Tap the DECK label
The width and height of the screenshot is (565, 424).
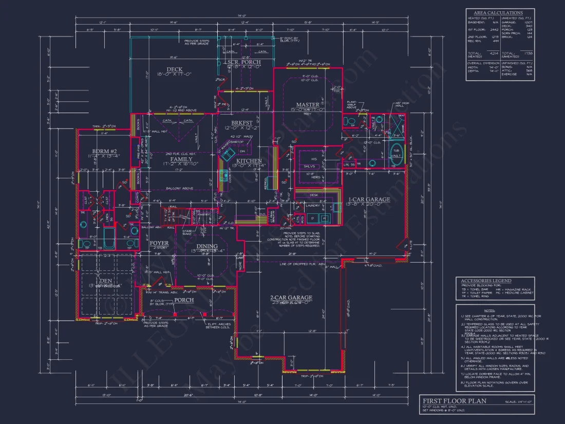coord(174,69)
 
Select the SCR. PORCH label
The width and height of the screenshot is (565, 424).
coord(243,62)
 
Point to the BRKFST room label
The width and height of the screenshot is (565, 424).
coord(241,123)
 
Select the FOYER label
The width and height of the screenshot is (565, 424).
coord(160,243)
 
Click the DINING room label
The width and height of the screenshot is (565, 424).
coord(207,246)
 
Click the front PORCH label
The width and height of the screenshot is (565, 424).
coord(183,300)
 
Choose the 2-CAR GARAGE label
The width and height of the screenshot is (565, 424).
coord(291,298)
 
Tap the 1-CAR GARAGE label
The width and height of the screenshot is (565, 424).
coord(369,199)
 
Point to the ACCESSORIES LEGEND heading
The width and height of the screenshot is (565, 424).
coord(486,281)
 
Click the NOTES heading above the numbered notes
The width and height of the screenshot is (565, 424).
coord(488,310)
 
